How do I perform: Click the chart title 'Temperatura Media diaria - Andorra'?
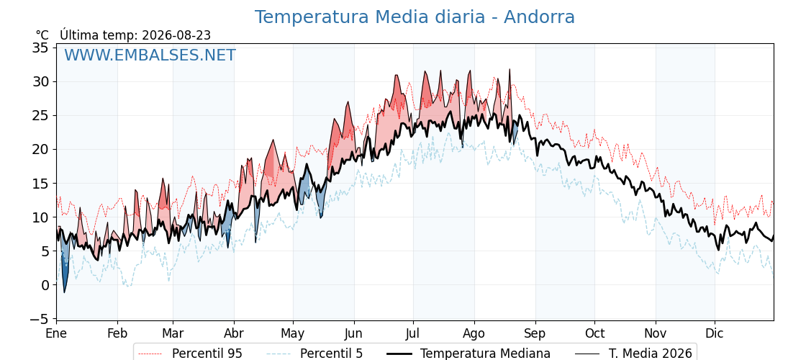click(415, 17)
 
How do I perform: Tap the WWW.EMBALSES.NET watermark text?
click(150, 55)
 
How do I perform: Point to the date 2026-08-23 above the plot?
click(176, 35)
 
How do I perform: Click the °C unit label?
click(42, 35)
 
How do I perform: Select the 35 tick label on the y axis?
click(40, 48)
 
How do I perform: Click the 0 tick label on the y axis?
click(45, 285)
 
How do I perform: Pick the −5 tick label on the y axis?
click(40, 320)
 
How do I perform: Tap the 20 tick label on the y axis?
click(40, 150)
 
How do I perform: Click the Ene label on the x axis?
click(57, 333)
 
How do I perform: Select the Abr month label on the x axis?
click(235, 333)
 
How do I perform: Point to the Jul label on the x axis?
click(413, 333)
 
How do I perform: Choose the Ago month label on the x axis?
click(474, 334)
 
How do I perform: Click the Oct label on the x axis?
click(594, 333)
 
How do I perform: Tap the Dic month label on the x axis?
click(715, 333)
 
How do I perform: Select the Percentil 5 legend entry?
click(315, 354)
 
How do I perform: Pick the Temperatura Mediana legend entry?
click(468, 354)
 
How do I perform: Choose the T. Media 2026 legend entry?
click(634, 354)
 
